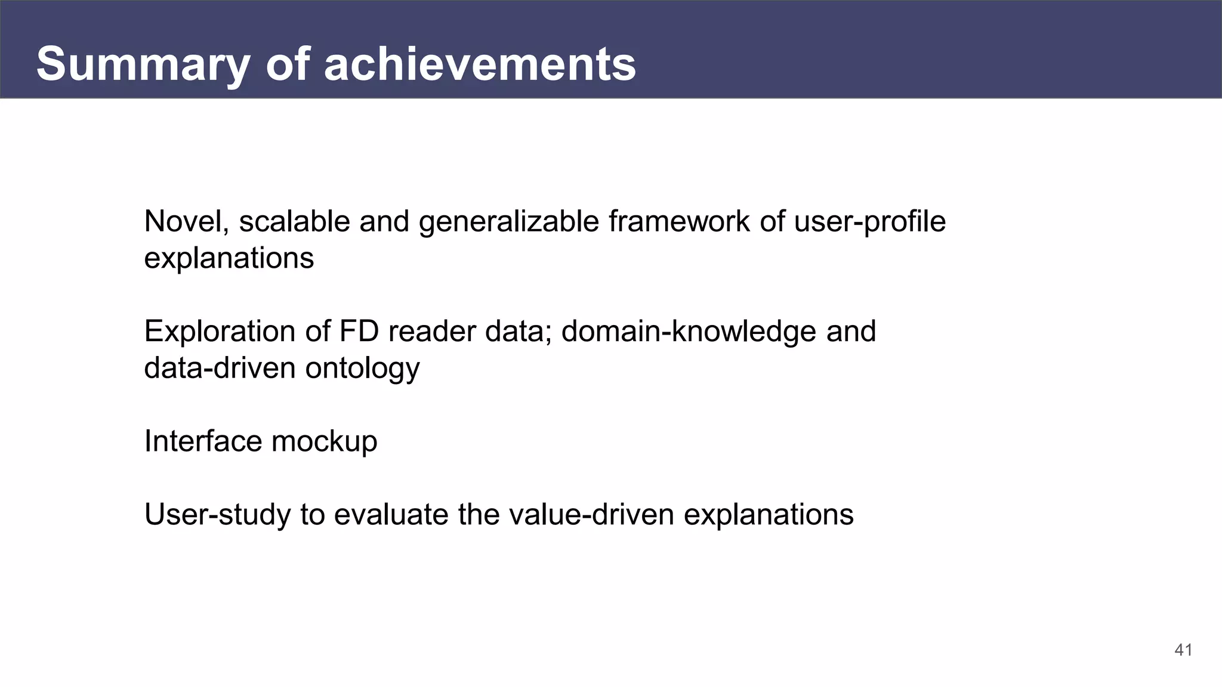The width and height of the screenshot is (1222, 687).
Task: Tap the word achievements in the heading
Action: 480,64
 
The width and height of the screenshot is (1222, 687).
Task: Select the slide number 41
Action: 1183,650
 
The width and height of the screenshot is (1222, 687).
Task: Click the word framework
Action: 679,222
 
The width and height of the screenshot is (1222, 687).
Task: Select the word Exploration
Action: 220,332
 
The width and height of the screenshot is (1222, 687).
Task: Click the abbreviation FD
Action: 359,332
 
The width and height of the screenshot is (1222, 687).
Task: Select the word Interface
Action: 203,442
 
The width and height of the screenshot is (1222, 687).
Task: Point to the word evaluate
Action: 390,515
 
